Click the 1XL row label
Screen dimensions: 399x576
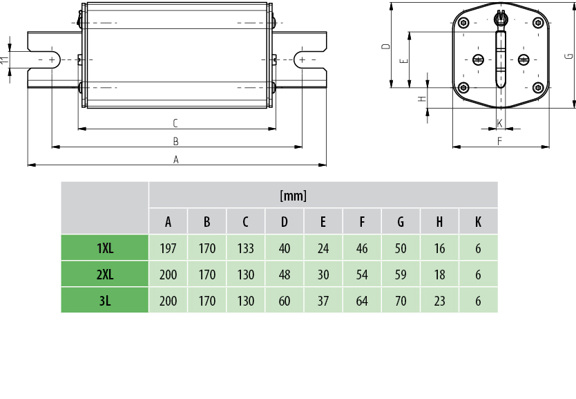coord(105,248)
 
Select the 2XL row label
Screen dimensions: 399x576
coord(105,275)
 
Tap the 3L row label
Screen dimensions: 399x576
coord(105,300)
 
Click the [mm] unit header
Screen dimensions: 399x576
coord(293,196)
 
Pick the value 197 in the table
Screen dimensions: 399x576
coord(168,248)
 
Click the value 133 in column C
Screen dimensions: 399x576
coord(245,248)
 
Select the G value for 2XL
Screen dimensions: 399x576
coord(401,275)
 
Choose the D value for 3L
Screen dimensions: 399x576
coord(285,300)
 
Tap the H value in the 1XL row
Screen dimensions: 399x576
coord(439,248)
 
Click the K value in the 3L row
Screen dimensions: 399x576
coord(478,300)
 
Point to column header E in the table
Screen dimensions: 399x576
coord(323,222)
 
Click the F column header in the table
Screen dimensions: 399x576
coord(362,222)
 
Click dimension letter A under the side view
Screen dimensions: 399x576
coord(176,159)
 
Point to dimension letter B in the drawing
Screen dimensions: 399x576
coord(176,141)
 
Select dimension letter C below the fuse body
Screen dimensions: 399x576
coord(176,123)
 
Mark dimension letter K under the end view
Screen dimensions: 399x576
coord(499,123)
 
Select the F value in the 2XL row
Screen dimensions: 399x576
coord(362,275)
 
